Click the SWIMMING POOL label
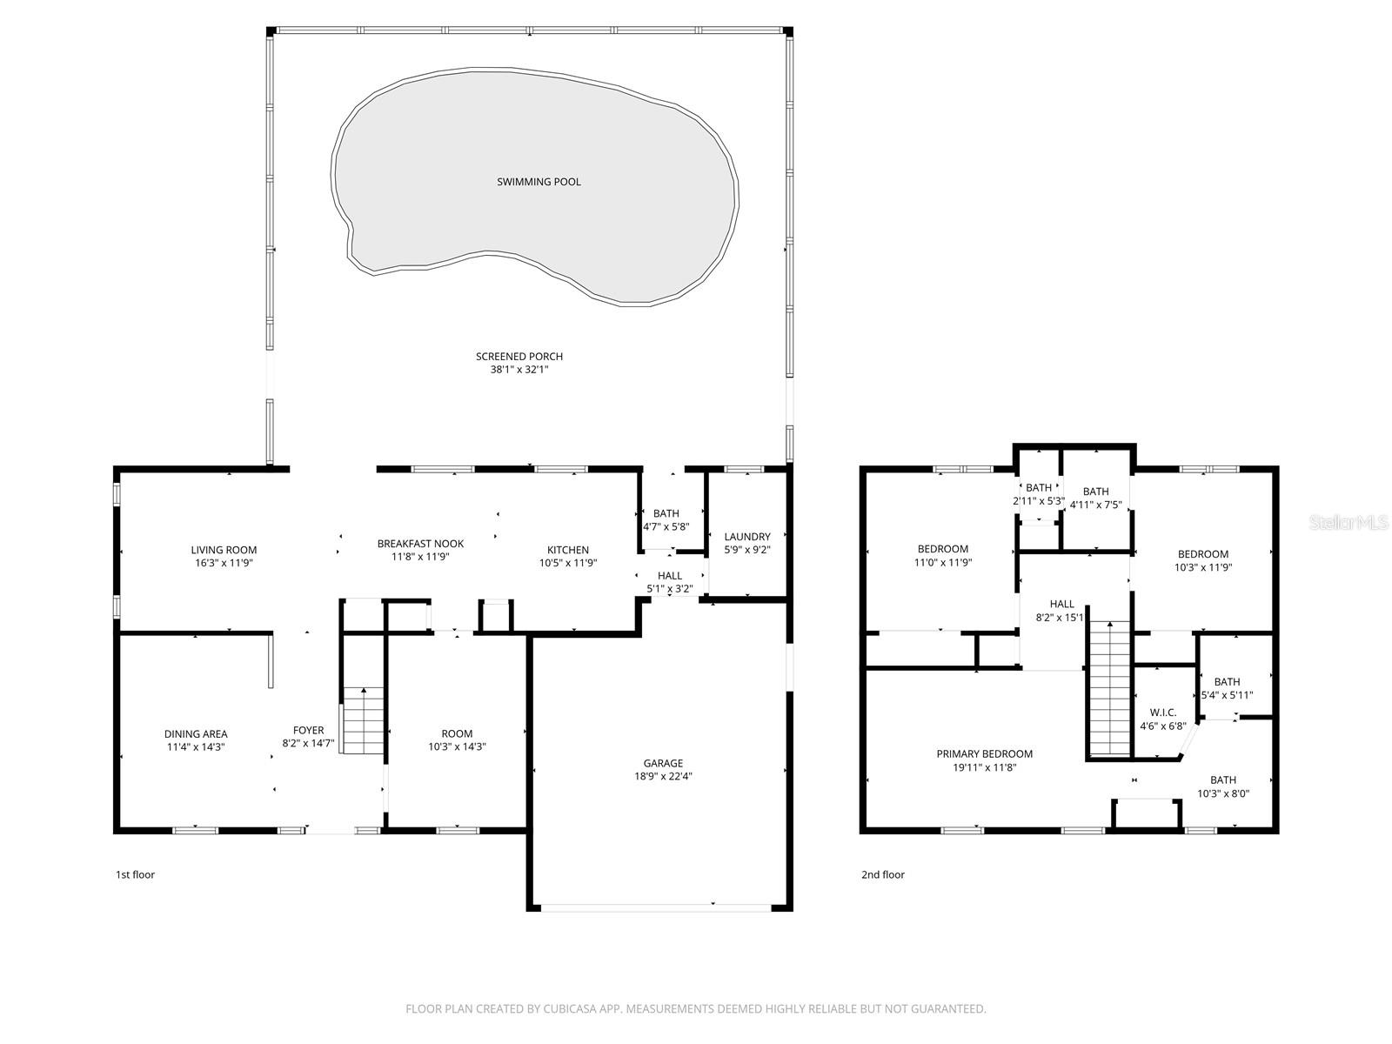539,182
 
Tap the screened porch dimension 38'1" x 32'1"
519,370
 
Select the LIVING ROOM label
224,550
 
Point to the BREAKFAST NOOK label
420,544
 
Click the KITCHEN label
568,550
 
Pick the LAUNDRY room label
747,537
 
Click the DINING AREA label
196,733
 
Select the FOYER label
308,730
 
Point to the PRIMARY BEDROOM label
984,754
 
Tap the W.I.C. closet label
1163,713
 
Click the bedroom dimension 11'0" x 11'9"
942,563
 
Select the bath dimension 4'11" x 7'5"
1095,505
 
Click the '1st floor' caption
135,874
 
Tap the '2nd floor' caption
882,874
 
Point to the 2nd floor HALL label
1061,604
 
